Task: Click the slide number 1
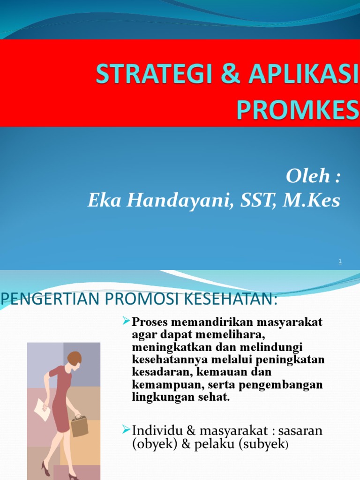tap(340, 262)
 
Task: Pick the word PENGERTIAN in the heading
tap(43, 300)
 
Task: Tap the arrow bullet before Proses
tap(126, 321)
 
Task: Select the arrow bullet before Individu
tap(126, 429)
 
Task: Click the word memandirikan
tap(208, 323)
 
